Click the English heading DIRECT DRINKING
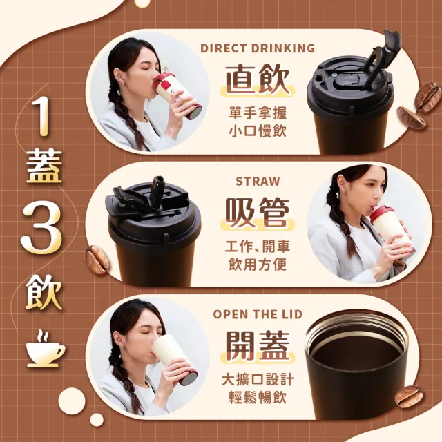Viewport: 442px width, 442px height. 258,48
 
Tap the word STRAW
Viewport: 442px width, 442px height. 258,181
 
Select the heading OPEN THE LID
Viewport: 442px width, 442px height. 258,314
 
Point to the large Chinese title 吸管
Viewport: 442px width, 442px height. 258,212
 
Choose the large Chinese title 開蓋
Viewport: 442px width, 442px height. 258,345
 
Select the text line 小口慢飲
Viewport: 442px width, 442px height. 258,131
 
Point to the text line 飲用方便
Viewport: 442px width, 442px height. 258,264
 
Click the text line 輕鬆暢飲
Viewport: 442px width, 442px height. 258,397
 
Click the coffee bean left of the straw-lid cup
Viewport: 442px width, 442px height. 97,260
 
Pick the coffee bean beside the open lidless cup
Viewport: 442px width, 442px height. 408,396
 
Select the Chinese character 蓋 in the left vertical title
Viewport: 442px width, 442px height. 44,167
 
